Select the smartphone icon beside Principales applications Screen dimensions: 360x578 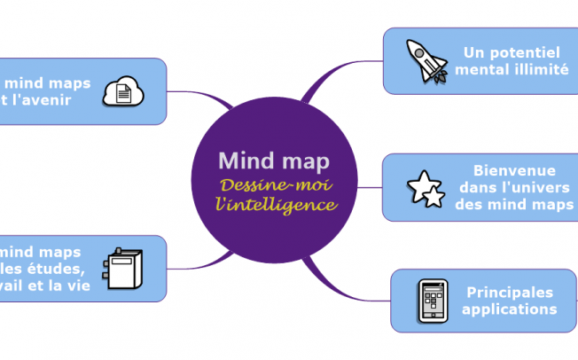(432, 301)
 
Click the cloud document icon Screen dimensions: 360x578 (123, 90)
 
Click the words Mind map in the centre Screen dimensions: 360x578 (274, 160)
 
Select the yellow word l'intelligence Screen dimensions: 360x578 (277, 205)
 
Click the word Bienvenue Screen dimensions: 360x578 (514, 170)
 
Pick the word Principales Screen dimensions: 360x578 (509, 292)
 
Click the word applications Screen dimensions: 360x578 (509, 309)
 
